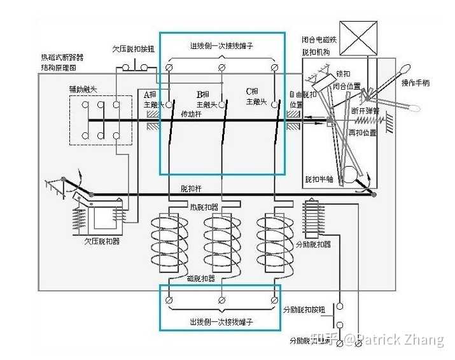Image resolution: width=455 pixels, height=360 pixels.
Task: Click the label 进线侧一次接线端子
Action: pos(221,45)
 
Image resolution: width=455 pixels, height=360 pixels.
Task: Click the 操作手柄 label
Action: pos(417,83)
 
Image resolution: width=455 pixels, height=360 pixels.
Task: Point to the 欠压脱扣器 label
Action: pos(102,241)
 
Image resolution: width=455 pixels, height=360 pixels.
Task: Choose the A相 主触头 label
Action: pos(153,98)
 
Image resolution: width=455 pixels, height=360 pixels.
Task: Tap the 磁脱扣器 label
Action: pos(201,278)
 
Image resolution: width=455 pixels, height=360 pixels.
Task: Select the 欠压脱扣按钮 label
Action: pos(134,49)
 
